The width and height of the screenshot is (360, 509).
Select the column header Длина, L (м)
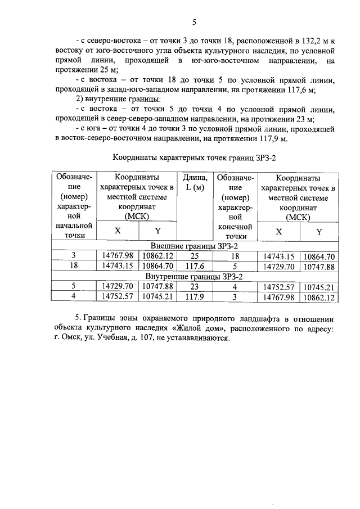coord(192,183)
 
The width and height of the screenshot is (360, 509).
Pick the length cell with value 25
coord(192,256)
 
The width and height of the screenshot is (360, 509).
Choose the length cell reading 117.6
coord(192,267)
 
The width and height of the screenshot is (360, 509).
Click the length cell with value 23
coord(192,287)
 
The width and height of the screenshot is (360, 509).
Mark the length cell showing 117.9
coord(192,297)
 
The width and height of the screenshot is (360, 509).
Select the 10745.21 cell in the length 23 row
coord(318,287)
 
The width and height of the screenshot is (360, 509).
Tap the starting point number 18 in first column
coord(73,267)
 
